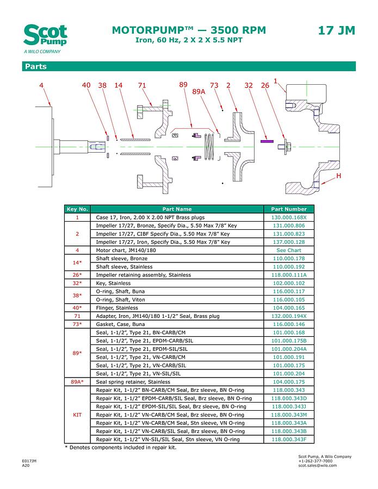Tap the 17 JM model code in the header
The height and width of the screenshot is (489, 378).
(x=336, y=30)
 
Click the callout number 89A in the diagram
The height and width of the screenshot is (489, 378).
(x=199, y=92)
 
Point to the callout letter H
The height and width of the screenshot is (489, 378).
(x=339, y=177)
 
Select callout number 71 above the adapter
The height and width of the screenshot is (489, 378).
(x=142, y=85)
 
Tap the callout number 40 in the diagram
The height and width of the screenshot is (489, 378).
(x=86, y=85)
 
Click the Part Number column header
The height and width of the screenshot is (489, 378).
(x=289, y=209)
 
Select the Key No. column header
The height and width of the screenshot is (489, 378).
(x=77, y=209)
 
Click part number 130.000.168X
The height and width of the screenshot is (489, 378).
(x=289, y=217)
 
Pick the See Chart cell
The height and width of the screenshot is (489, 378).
(x=289, y=250)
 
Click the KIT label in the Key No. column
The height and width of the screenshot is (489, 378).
(x=77, y=415)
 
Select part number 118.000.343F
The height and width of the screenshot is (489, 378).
(x=289, y=439)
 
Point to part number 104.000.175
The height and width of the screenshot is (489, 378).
(x=289, y=382)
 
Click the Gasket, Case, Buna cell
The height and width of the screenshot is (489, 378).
(x=119, y=324)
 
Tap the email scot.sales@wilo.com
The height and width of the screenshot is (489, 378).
(x=318, y=466)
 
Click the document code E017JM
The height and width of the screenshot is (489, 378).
(x=29, y=461)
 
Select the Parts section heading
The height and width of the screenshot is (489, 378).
(x=35, y=67)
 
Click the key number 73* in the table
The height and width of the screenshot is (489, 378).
(x=77, y=324)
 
